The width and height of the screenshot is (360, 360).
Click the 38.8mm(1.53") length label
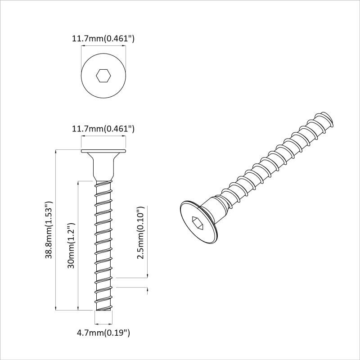[x=49, y=230]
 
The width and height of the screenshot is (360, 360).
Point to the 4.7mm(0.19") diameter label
[x=103, y=333]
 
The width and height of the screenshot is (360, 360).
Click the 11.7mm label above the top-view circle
[x=103, y=39]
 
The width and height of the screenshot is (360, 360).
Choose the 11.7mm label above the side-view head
[x=103, y=129]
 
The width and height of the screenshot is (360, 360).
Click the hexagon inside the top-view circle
[x=103, y=76]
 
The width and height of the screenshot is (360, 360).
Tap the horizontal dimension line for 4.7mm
[x=103, y=323]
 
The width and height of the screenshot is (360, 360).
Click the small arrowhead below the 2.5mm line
[x=148, y=290]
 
